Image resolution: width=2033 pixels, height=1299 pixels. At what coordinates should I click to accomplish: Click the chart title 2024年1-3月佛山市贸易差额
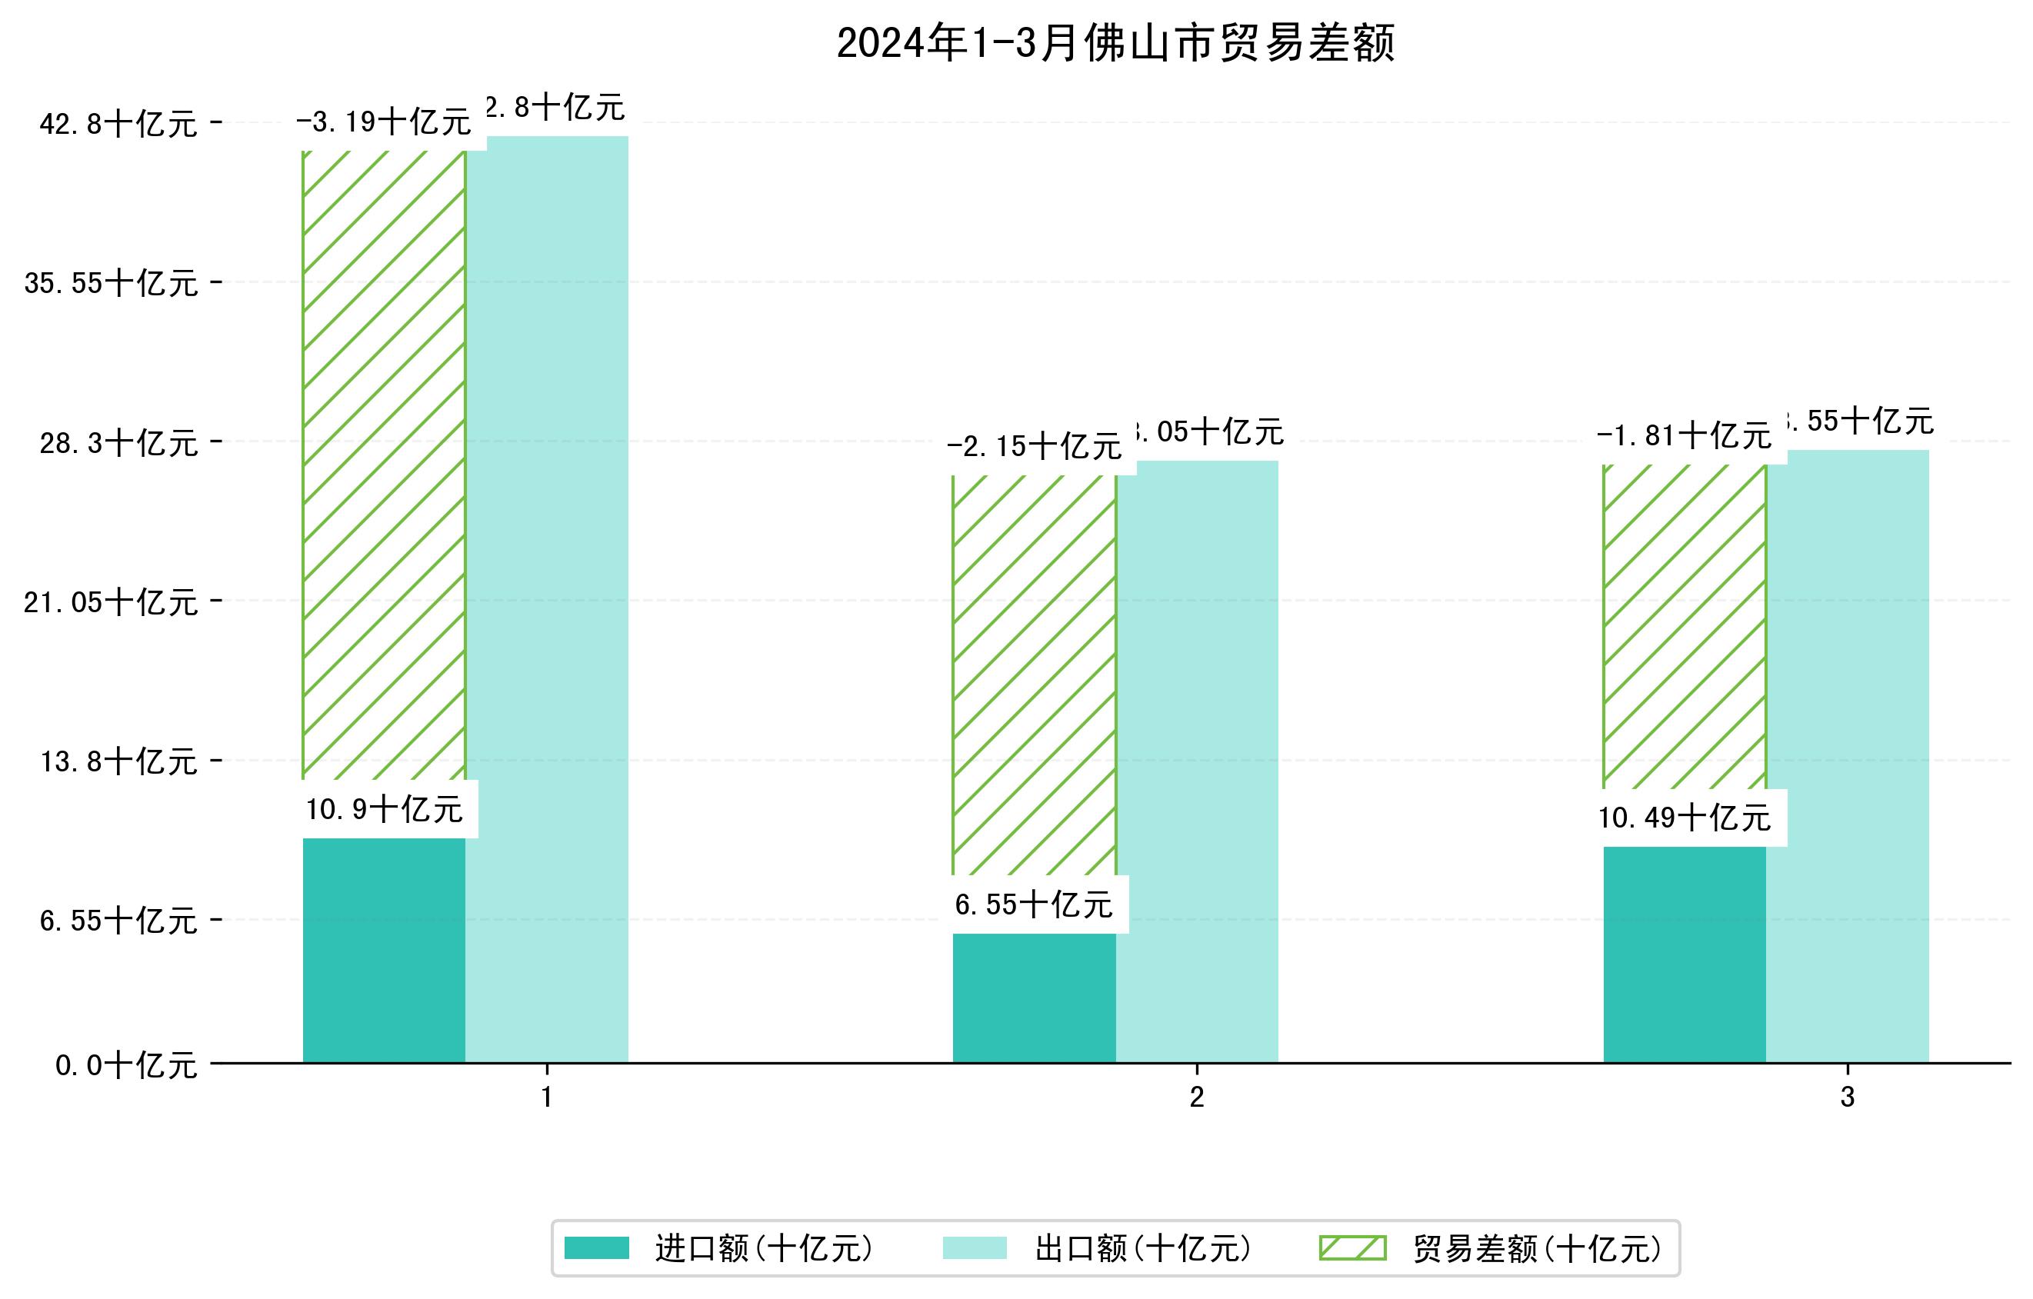click(x=1115, y=43)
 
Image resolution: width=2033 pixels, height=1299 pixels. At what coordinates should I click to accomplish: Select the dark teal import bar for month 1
click(x=384, y=950)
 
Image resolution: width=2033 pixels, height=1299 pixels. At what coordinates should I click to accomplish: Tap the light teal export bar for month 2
click(x=1197, y=760)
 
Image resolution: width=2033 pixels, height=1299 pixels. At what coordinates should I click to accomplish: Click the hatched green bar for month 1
click(x=384, y=465)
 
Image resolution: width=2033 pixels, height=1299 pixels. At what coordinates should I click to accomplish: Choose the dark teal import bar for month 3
click(x=1685, y=954)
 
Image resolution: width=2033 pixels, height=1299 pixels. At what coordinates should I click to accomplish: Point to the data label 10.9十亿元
click(x=384, y=809)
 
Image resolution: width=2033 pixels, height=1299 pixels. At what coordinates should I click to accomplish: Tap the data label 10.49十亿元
click(x=1685, y=818)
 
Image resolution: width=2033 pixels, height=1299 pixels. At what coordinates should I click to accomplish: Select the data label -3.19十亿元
click(x=383, y=122)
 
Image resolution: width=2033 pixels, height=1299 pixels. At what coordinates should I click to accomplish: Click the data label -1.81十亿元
click(x=1684, y=436)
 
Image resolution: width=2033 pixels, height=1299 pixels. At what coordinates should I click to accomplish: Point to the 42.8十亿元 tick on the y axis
click(x=118, y=124)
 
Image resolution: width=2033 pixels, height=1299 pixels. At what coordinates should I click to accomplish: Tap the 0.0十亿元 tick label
click(x=126, y=1065)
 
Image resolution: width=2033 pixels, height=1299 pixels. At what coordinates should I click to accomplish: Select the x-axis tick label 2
click(x=1196, y=1097)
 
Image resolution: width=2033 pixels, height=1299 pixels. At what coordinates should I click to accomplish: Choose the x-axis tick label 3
click(x=1848, y=1097)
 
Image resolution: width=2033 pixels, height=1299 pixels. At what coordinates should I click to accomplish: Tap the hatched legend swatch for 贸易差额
click(x=1352, y=1248)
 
